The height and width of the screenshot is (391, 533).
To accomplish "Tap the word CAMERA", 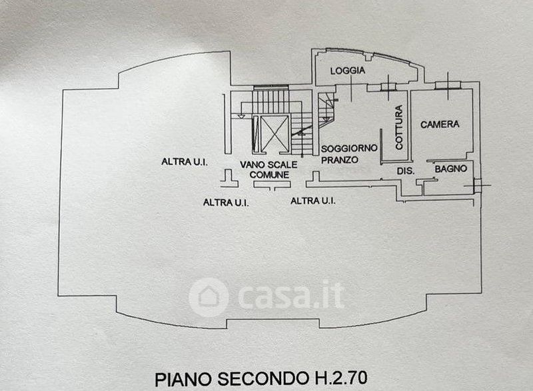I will click(x=440, y=125).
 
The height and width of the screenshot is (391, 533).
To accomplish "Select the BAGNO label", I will click(x=450, y=171).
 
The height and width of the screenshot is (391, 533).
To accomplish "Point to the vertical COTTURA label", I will click(x=398, y=127).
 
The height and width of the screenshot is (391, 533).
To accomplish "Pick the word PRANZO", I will click(x=340, y=160).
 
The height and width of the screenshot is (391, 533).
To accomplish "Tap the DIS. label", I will click(x=406, y=171).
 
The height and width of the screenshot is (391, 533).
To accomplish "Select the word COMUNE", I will click(x=269, y=175).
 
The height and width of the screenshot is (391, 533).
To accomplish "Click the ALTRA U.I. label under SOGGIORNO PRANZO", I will click(x=313, y=200).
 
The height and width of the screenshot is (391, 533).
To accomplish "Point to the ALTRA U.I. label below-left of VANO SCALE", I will click(x=226, y=202).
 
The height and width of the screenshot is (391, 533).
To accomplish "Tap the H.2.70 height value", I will click(x=344, y=379).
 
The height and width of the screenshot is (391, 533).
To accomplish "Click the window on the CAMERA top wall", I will click(x=444, y=85).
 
